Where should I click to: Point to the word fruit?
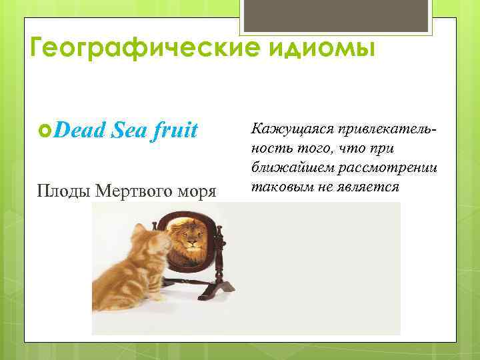tap(173, 130)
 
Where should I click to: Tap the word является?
tap(369, 186)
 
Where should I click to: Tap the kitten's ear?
tap(141, 230)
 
